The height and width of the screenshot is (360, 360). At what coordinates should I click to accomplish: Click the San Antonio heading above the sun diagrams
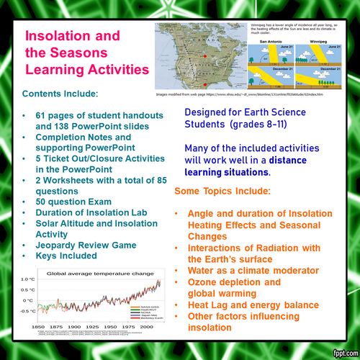(266, 42)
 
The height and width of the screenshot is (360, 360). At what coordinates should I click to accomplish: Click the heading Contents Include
(67, 94)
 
